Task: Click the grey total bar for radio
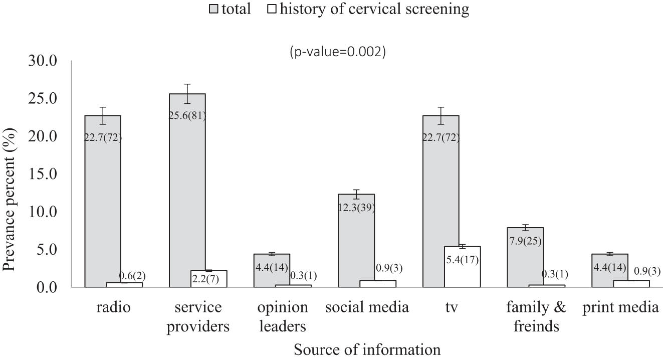[103, 211]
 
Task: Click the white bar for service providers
[209, 279]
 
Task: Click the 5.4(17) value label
[462, 260]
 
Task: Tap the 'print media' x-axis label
[620, 307]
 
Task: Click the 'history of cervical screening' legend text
[375, 9]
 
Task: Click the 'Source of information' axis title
[367, 349]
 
